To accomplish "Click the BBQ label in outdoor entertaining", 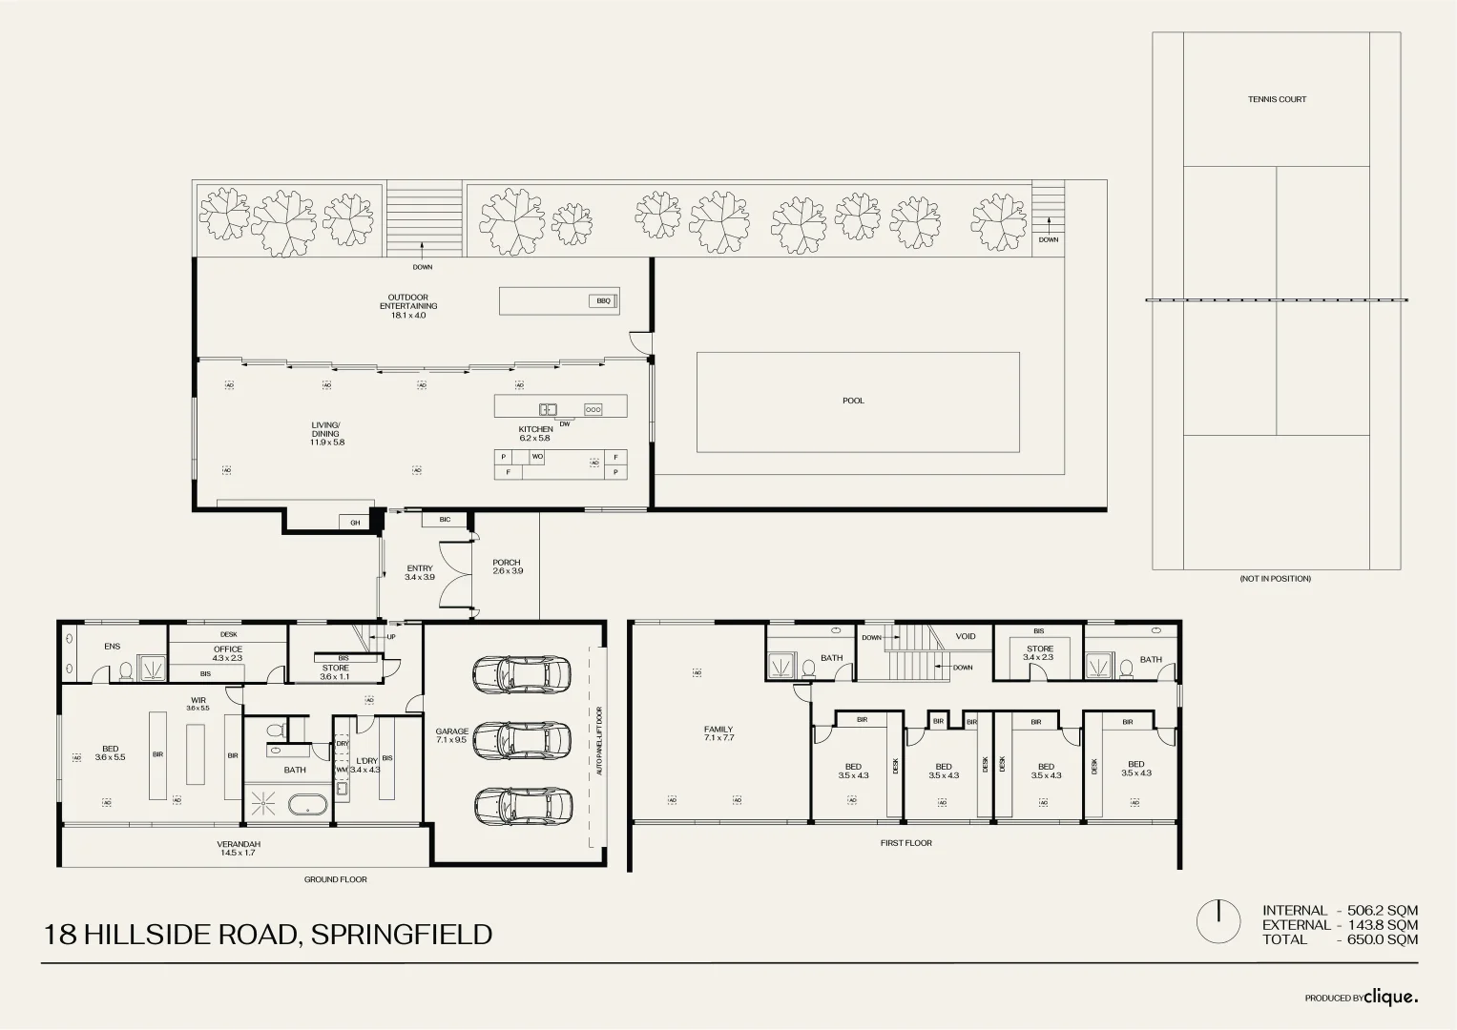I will [x=603, y=301].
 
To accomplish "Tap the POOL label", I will [x=853, y=401].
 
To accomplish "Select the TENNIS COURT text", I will [x=1277, y=99].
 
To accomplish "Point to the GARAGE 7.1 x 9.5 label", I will [x=452, y=735].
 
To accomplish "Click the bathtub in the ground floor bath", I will [x=307, y=805].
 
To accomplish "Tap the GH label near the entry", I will [x=355, y=523].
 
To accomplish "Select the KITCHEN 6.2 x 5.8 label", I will [x=535, y=433].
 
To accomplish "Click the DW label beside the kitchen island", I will [x=565, y=423].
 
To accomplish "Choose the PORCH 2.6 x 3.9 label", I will [x=508, y=566].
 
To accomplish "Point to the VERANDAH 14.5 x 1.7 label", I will [x=239, y=848].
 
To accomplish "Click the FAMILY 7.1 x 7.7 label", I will [x=718, y=733].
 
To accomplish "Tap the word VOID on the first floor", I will [x=966, y=636].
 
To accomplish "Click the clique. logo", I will [x=1390, y=997].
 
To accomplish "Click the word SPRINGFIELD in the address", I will [x=402, y=935].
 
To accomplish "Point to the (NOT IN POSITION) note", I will [x=1275, y=579].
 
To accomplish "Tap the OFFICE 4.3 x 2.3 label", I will [x=228, y=653].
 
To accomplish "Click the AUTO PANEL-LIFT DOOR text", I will [x=599, y=741].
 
